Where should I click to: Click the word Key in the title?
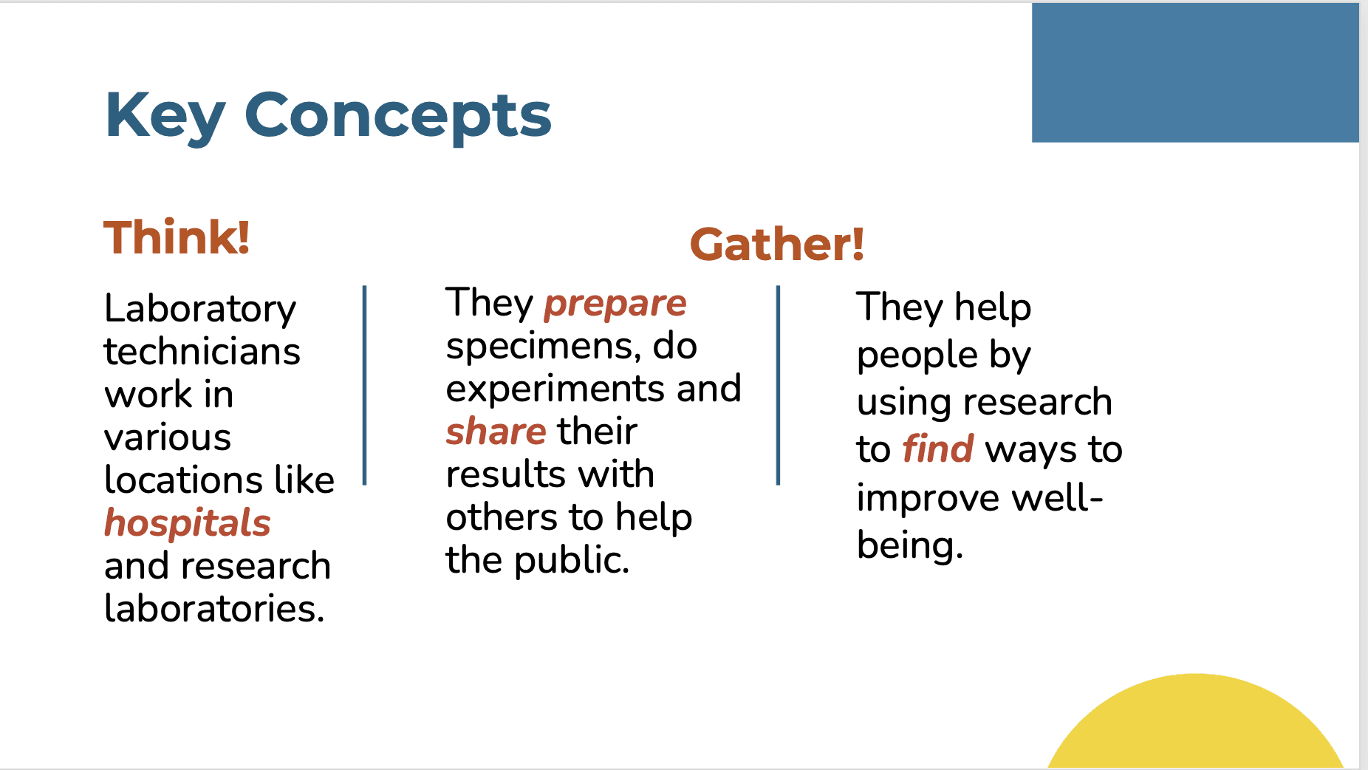(x=165, y=117)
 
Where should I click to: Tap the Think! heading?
(x=177, y=237)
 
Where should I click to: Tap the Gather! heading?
(x=777, y=245)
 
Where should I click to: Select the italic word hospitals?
(x=188, y=523)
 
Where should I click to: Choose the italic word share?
(x=496, y=431)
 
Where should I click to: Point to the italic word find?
(x=938, y=449)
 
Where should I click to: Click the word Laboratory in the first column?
(x=200, y=309)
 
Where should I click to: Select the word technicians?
(x=202, y=351)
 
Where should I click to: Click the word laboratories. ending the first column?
(x=214, y=608)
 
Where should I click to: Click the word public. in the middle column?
(x=572, y=561)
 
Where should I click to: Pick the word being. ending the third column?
(x=910, y=546)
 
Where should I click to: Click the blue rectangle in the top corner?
(x=1195, y=72)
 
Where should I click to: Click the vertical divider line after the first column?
(x=365, y=385)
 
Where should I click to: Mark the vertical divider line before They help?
(x=779, y=385)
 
